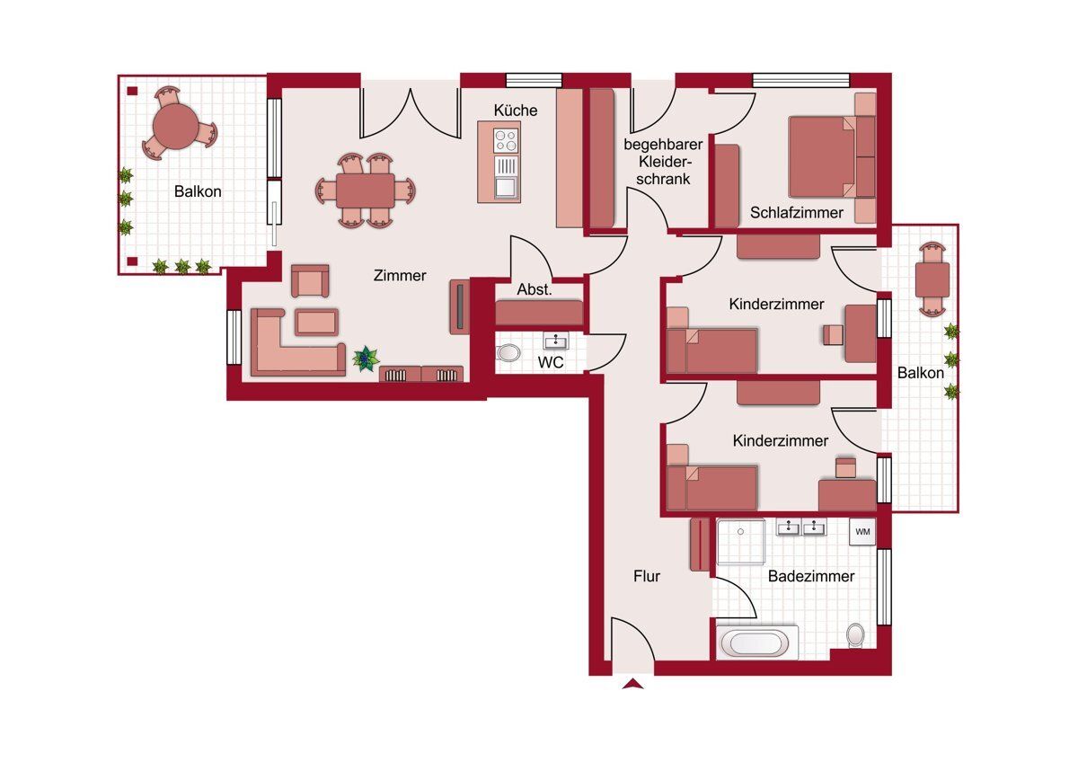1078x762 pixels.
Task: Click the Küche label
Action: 515,111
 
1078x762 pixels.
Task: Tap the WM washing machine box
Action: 862,531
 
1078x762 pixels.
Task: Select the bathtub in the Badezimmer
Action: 757,642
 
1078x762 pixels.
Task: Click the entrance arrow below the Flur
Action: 632,684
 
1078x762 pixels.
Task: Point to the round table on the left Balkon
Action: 176,126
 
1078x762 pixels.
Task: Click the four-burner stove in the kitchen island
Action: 506,140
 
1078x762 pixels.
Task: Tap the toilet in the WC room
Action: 508,353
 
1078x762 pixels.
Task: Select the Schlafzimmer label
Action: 797,213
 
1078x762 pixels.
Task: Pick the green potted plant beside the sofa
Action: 366,359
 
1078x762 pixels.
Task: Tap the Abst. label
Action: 535,289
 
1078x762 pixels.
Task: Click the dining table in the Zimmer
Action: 366,190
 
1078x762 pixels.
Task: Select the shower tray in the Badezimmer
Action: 741,541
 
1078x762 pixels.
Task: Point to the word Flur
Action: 646,576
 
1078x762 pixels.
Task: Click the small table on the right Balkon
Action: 932,280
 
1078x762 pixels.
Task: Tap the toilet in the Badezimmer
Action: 855,635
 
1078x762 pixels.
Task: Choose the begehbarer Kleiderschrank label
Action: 663,161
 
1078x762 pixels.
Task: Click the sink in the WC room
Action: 556,341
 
